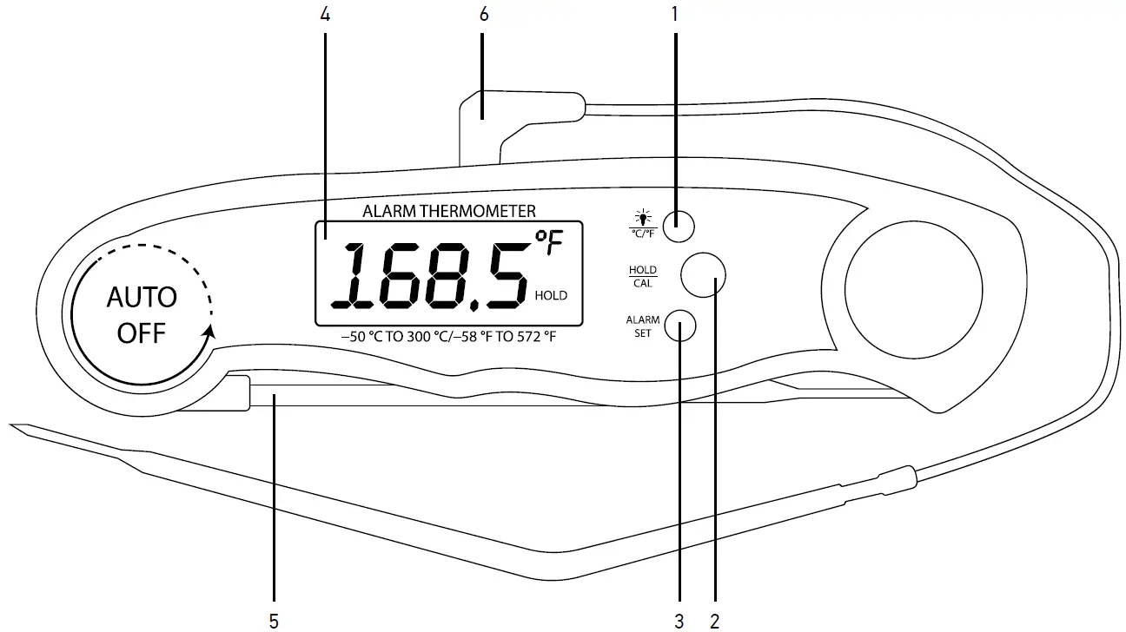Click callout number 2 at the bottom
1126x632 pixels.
pos(713,620)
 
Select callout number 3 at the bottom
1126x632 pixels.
pos(679,620)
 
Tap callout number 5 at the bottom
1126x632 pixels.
pos(274,620)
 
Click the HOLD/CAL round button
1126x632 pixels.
pos(703,275)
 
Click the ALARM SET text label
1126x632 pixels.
pos(643,326)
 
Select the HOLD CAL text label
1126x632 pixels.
pos(643,276)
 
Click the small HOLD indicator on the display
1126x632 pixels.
pos(551,296)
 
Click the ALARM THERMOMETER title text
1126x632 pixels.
pos(448,210)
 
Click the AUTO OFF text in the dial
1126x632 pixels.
pos(142,315)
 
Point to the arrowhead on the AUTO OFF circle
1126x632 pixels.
pos(209,332)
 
